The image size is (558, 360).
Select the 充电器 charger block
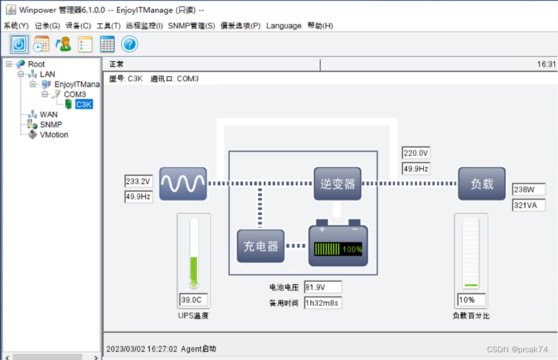point(260,246)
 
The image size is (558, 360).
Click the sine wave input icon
point(183,183)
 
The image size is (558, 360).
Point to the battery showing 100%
point(338,246)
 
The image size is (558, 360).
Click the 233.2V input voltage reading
point(138,182)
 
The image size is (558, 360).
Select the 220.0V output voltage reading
point(416,153)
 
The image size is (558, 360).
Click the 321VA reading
point(528,206)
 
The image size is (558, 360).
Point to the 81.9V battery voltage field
point(323,287)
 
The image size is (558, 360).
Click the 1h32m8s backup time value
point(323,303)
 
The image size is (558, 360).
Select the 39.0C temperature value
point(194,300)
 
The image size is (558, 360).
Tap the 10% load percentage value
point(471,300)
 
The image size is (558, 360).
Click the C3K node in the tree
point(84,105)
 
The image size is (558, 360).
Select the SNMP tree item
point(51,125)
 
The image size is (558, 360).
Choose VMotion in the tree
point(54,135)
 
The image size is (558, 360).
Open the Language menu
point(284,26)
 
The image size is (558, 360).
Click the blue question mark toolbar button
point(130,44)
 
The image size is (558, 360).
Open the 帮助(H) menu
point(320,26)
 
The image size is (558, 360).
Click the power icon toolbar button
point(19,44)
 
